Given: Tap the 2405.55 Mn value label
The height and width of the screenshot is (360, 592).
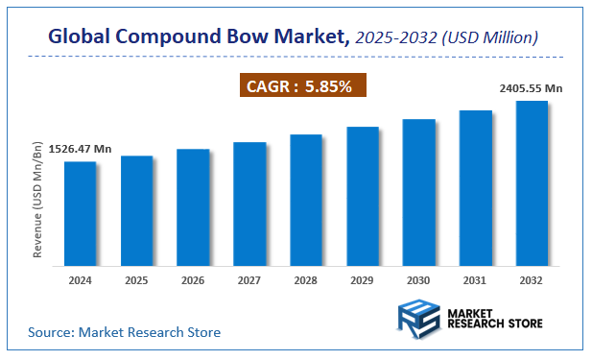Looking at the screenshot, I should pos(531,88).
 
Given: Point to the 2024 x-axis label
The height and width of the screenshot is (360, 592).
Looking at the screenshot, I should pos(80,281).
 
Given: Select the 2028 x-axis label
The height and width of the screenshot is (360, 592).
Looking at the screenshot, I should pos(306,281).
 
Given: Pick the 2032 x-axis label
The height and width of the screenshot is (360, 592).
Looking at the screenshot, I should pos(532,281).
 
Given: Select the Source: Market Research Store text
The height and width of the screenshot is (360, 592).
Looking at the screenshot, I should pos(124,332).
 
